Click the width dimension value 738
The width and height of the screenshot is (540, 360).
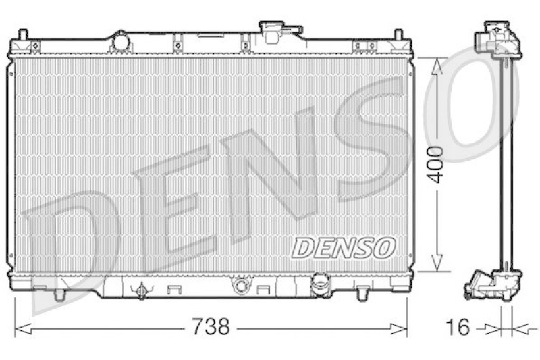pos(210,328)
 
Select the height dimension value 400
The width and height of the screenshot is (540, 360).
pos(437,163)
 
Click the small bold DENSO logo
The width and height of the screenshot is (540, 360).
pos(343,247)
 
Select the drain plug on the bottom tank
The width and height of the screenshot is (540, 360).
pos(141,290)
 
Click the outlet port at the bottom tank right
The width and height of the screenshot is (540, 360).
pos(319,284)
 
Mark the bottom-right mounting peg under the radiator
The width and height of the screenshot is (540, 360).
pos(362,294)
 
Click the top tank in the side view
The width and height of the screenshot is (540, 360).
pos(499,41)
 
